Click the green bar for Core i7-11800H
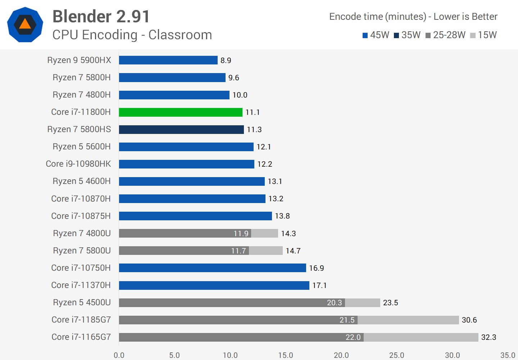click(x=181, y=112)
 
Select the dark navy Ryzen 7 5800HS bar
click(x=181, y=130)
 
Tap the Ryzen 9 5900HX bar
click(x=168, y=60)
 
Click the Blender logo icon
click(x=25, y=24)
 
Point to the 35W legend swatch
click(x=396, y=35)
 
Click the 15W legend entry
click(x=483, y=35)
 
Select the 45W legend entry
click(x=376, y=35)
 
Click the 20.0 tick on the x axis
click(x=341, y=355)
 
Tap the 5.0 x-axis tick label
click(x=174, y=355)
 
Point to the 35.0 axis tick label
click(x=508, y=355)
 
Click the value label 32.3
click(x=489, y=337)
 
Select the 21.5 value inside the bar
click(x=347, y=320)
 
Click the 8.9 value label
click(x=226, y=60)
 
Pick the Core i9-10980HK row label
click(x=78, y=164)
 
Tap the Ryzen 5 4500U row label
click(x=82, y=302)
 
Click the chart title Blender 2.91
click(x=101, y=17)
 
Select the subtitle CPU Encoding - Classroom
click(x=132, y=35)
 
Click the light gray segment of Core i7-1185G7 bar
click(x=408, y=320)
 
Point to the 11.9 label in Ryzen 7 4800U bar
click(x=241, y=234)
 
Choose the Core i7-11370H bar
click(x=214, y=285)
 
